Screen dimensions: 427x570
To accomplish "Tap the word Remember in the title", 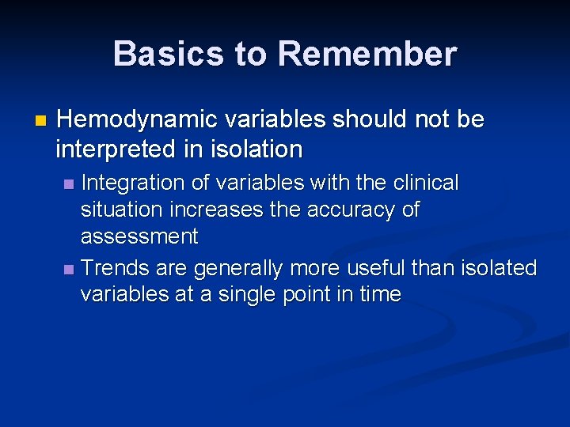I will point(367,55).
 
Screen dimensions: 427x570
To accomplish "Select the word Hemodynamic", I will point(137,119).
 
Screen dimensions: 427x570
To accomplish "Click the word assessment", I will point(139,236).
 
